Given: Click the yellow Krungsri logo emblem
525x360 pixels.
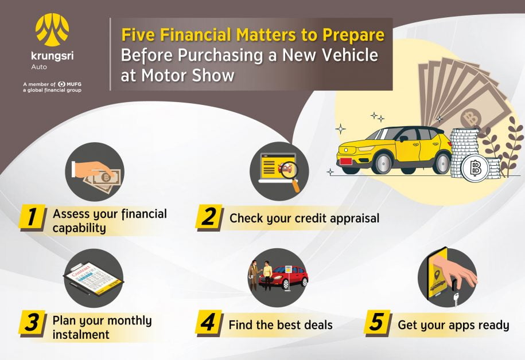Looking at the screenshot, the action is pos(52,29).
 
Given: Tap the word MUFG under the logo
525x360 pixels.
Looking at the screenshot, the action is pos(73,84).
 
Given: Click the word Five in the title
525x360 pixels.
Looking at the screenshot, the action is pos(138,34).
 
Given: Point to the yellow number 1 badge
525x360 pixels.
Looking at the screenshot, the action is pos(32,217).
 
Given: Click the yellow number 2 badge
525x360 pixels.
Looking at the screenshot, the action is pos(209,217).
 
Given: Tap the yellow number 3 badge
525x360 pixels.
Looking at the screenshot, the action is pos(32,323).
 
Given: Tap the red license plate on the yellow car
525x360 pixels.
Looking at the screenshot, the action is pos(346,162).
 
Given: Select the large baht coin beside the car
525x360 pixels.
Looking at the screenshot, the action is pos(475,169).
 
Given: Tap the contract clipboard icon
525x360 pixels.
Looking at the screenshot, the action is pos(94,279).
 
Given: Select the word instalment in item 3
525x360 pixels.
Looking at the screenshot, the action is pos(81,335).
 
